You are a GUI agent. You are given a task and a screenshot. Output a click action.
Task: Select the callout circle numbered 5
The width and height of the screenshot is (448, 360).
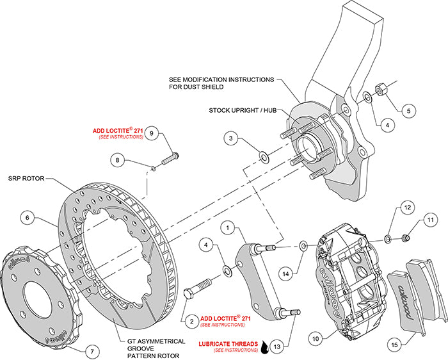[408, 110]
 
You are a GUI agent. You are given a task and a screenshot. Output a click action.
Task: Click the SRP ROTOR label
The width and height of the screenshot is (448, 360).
[26, 179]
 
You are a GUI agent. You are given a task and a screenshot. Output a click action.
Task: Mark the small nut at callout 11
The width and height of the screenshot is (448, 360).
[406, 239]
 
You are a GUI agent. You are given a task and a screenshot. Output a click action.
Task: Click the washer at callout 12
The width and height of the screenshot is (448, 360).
[388, 239]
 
